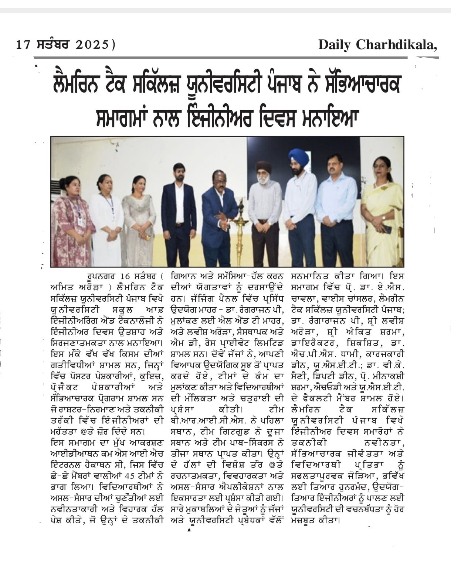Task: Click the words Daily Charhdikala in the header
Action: coord(377,45)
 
